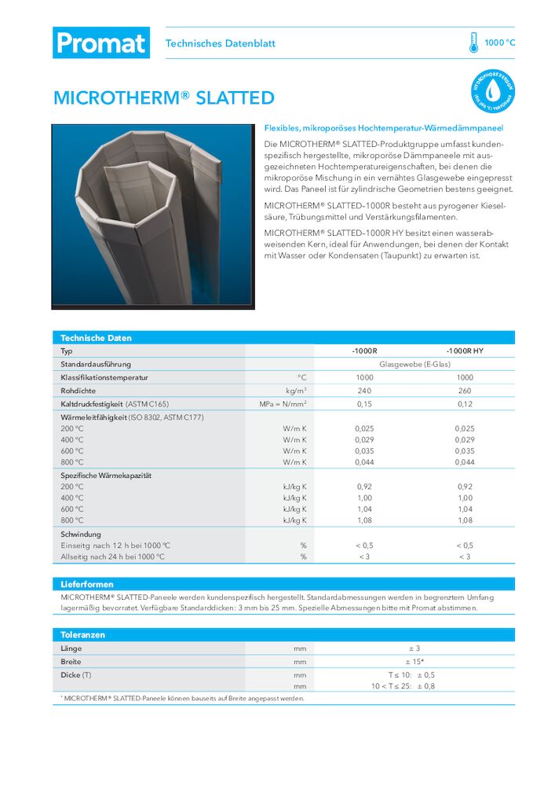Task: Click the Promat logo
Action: pyautogui.click(x=100, y=42)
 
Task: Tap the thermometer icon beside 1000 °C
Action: pyautogui.click(x=473, y=42)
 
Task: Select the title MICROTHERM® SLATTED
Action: pyautogui.click(x=163, y=98)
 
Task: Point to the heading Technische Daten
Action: pyautogui.click(x=96, y=338)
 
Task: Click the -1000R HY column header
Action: pyautogui.click(x=465, y=351)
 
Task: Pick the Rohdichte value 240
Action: pyautogui.click(x=364, y=391)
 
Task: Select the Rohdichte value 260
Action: pyautogui.click(x=465, y=391)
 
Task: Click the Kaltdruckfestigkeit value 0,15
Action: pyautogui.click(x=364, y=404)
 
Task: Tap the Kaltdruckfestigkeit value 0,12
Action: pyautogui.click(x=465, y=404)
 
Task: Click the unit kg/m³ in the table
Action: pyautogui.click(x=296, y=391)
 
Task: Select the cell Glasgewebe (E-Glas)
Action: pyautogui.click(x=414, y=365)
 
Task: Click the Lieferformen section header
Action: pyautogui.click(x=87, y=585)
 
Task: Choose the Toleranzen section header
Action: pyautogui.click(x=82, y=634)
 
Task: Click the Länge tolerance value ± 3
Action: pyautogui.click(x=414, y=648)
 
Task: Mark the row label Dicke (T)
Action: pyautogui.click(x=76, y=675)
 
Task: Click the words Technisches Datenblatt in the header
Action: pyautogui.click(x=220, y=43)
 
